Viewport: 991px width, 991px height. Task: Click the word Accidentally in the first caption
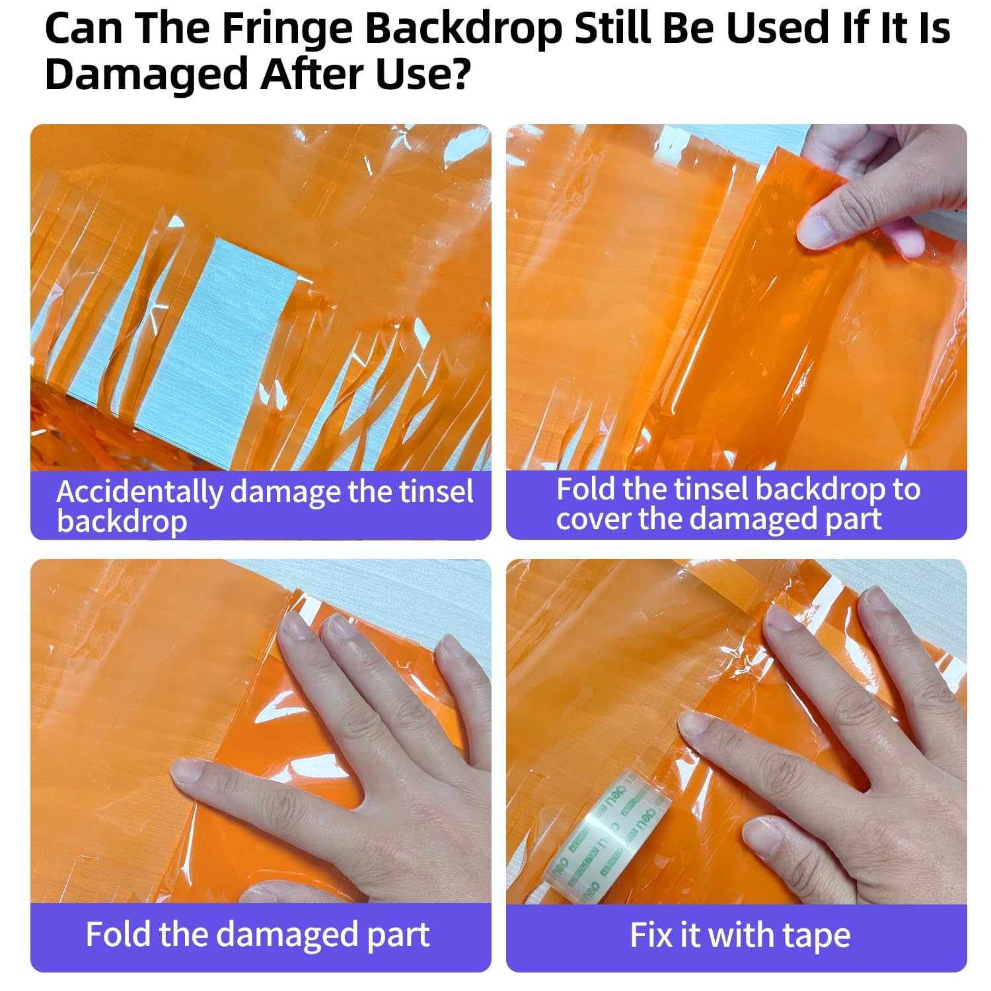click(139, 492)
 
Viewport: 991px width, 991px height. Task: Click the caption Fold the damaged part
click(258, 935)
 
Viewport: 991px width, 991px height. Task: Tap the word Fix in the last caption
click(649, 935)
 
